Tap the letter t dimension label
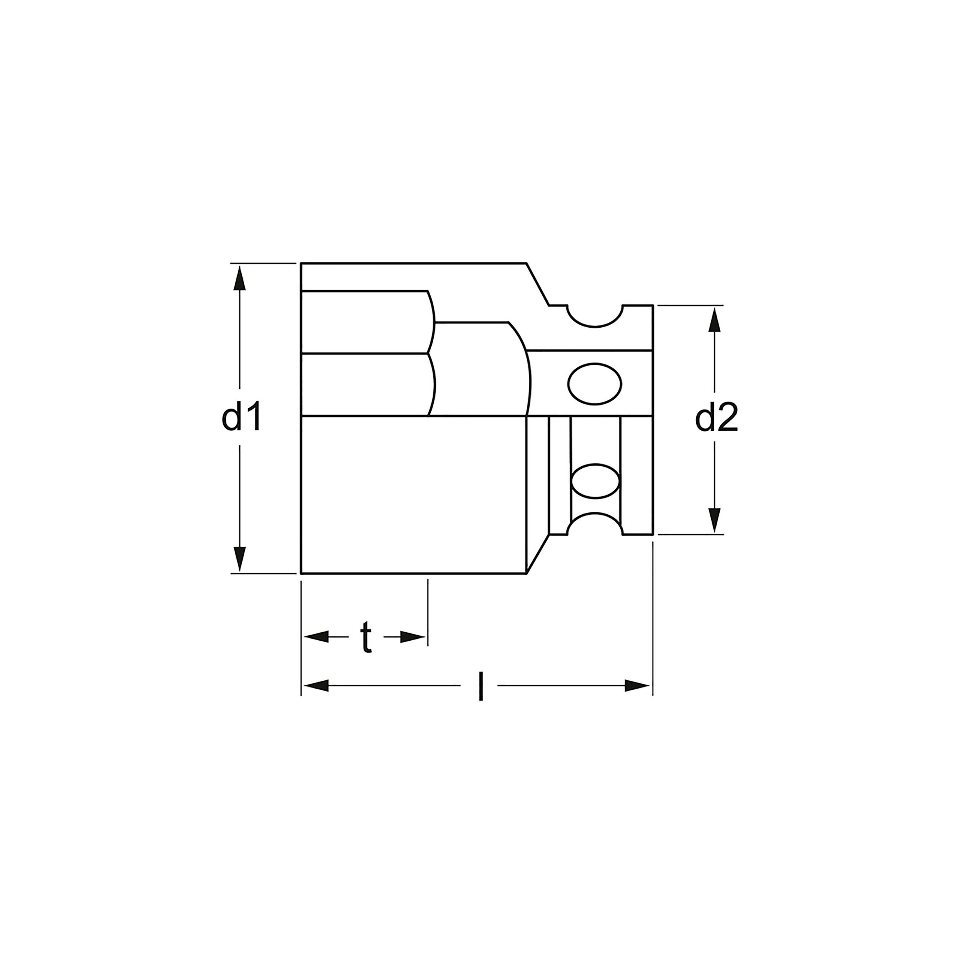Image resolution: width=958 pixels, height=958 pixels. [366, 636]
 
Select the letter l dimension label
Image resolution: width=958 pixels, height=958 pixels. [480, 687]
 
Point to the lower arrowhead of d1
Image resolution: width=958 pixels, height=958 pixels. [239, 559]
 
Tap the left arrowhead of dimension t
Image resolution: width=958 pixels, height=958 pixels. [316, 636]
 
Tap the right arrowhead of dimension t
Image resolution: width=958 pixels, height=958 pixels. [413, 636]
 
